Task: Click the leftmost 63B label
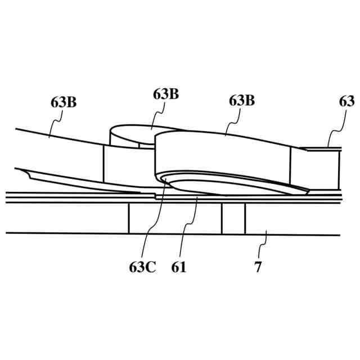pos(64,102)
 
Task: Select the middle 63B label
pos(166,94)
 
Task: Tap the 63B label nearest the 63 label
pos(242,101)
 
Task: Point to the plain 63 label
pos(346,101)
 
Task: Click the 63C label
pos(142,267)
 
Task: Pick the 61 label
pos(179,267)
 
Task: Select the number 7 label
pos(258,267)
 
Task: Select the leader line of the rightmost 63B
pos(232,121)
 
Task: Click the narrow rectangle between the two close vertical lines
pos(233,218)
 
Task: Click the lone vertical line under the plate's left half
pos(129,218)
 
